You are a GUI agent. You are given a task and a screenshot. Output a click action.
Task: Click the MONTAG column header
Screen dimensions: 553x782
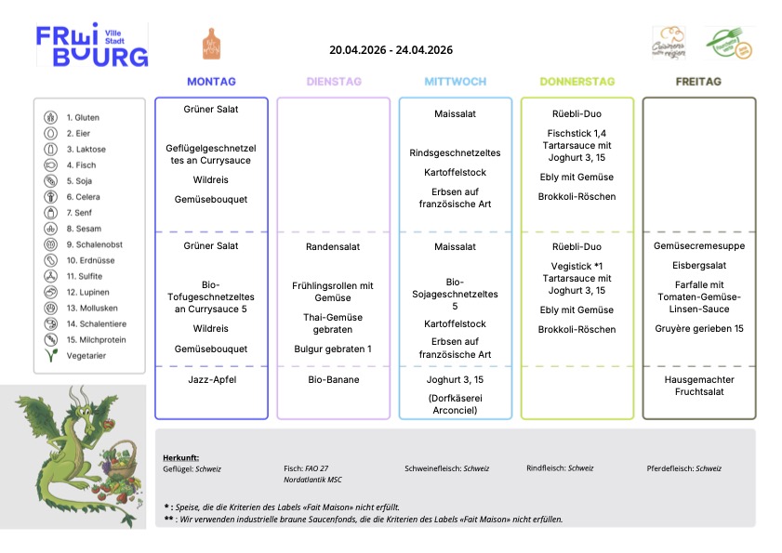click(x=211, y=82)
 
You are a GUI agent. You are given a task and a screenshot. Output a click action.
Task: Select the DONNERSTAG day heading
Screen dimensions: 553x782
click(x=577, y=82)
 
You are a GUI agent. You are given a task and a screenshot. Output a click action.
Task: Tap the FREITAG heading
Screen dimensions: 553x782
click(x=698, y=82)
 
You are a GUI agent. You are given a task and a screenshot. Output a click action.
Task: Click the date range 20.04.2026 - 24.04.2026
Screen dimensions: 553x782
click(x=391, y=50)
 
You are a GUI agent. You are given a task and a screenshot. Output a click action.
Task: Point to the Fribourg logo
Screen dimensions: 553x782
click(x=92, y=46)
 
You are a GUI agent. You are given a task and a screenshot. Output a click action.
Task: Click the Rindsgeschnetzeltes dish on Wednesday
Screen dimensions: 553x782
click(x=455, y=153)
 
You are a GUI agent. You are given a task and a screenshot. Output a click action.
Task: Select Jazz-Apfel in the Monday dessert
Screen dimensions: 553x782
click(x=211, y=380)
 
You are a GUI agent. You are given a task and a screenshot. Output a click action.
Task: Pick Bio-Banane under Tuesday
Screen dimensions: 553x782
click(x=333, y=380)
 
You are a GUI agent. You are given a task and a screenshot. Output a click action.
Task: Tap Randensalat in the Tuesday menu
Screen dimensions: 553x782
click(x=333, y=247)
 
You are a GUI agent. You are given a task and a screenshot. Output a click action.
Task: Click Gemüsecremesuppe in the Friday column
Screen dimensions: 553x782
click(x=699, y=246)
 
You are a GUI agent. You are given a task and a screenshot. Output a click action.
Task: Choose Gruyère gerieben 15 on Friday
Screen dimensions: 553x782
click(x=699, y=329)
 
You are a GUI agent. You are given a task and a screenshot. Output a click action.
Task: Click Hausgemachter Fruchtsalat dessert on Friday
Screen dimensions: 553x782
click(x=699, y=386)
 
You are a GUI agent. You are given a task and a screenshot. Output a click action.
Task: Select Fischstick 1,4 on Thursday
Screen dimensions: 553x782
click(x=577, y=134)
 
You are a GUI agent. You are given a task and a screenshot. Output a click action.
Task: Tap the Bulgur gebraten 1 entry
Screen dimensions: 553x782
click(x=333, y=349)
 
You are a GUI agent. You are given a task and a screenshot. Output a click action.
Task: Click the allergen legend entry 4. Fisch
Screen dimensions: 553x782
click(x=81, y=165)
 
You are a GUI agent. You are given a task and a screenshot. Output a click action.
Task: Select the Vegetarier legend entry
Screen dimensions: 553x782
click(x=86, y=356)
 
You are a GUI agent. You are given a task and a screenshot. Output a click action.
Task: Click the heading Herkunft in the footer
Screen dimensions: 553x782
click(x=181, y=458)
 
